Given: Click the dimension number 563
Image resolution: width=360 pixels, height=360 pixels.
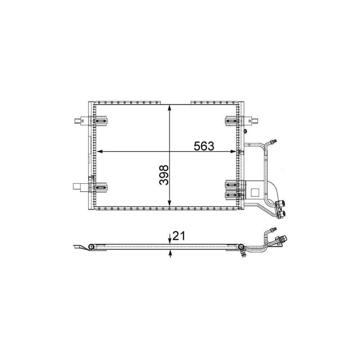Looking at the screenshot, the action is [x=204, y=146].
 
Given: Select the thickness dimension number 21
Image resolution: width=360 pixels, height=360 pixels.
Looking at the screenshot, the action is [x=179, y=236].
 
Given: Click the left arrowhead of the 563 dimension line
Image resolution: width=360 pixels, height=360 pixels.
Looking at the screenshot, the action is [x=100, y=151].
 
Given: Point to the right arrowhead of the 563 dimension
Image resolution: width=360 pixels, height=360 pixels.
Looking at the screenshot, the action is [x=233, y=151].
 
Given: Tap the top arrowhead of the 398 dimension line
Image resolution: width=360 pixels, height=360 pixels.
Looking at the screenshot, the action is [x=170, y=108].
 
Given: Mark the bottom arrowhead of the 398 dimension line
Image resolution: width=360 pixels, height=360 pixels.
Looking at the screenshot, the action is [x=170, y=203].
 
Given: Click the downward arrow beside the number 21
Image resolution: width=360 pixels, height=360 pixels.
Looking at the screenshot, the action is [x=170, y=239].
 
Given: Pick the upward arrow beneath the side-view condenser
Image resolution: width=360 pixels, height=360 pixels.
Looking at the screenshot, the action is [x=170, y=254].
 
